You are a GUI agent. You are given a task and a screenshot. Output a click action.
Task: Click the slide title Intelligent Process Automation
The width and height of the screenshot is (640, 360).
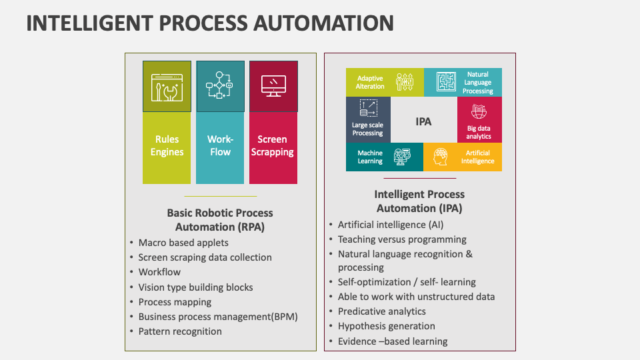[209, 23]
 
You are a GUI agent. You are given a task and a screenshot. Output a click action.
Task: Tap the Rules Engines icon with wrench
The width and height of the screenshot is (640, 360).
[167, 86]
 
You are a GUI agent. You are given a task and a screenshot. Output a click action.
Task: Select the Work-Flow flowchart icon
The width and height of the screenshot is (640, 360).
[219, 86]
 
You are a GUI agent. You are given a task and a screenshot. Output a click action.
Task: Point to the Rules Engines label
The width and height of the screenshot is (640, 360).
[167, 145]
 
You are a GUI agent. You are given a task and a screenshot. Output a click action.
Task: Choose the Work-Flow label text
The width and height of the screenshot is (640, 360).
[220, 145]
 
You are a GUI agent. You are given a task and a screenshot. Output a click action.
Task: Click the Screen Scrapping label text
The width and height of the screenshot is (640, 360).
[273, 145]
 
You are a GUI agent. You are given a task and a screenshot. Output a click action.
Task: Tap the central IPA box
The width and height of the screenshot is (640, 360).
[423, 121]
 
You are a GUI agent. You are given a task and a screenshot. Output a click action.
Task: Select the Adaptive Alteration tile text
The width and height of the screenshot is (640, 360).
[370, 83]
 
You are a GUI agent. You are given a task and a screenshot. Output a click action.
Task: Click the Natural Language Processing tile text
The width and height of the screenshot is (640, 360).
[477, 83]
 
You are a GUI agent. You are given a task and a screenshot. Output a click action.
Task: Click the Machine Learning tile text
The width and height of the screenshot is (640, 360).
[370, 157]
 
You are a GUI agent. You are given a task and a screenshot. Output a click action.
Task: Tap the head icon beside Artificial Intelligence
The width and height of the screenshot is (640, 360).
[440, 157]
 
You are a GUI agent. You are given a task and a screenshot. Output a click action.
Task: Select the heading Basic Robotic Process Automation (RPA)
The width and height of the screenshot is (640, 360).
[220, 220]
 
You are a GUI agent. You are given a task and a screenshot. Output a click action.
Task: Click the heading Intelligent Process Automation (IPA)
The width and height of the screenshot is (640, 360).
[419, 201]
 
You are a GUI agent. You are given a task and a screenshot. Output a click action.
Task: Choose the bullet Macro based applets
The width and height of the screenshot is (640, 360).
[183, 243]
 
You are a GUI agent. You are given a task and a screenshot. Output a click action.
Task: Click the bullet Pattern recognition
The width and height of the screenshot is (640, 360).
[180, 331]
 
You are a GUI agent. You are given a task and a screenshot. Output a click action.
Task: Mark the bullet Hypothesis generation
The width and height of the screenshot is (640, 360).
[386, 326]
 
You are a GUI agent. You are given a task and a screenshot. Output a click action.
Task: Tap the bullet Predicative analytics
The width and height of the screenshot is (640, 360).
[381, 311]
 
